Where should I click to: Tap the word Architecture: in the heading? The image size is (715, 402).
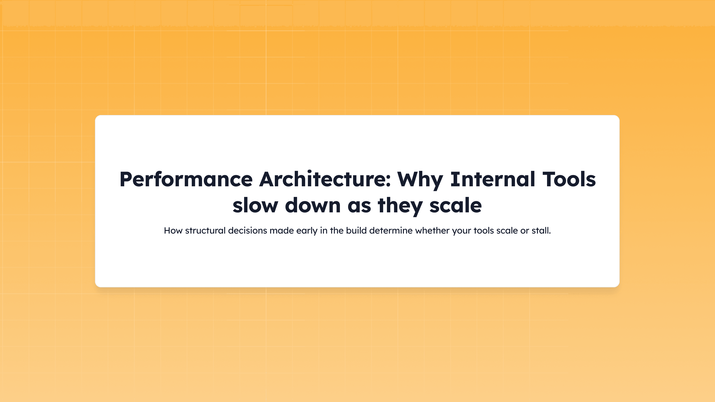click(x=325, y=179)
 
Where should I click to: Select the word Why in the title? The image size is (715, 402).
click(x=420, y=179)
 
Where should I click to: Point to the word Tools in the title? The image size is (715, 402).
click(x=569, y=179)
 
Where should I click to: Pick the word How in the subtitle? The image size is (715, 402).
click(x=173, y=231)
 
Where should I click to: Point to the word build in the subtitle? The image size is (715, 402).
click(x=356, y=231)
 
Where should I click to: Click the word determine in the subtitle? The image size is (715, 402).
click(x=391, y=231)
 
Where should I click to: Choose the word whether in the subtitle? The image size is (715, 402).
click(x=432, y=231)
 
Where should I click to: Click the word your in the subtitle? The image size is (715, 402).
click(x=461, y=231)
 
